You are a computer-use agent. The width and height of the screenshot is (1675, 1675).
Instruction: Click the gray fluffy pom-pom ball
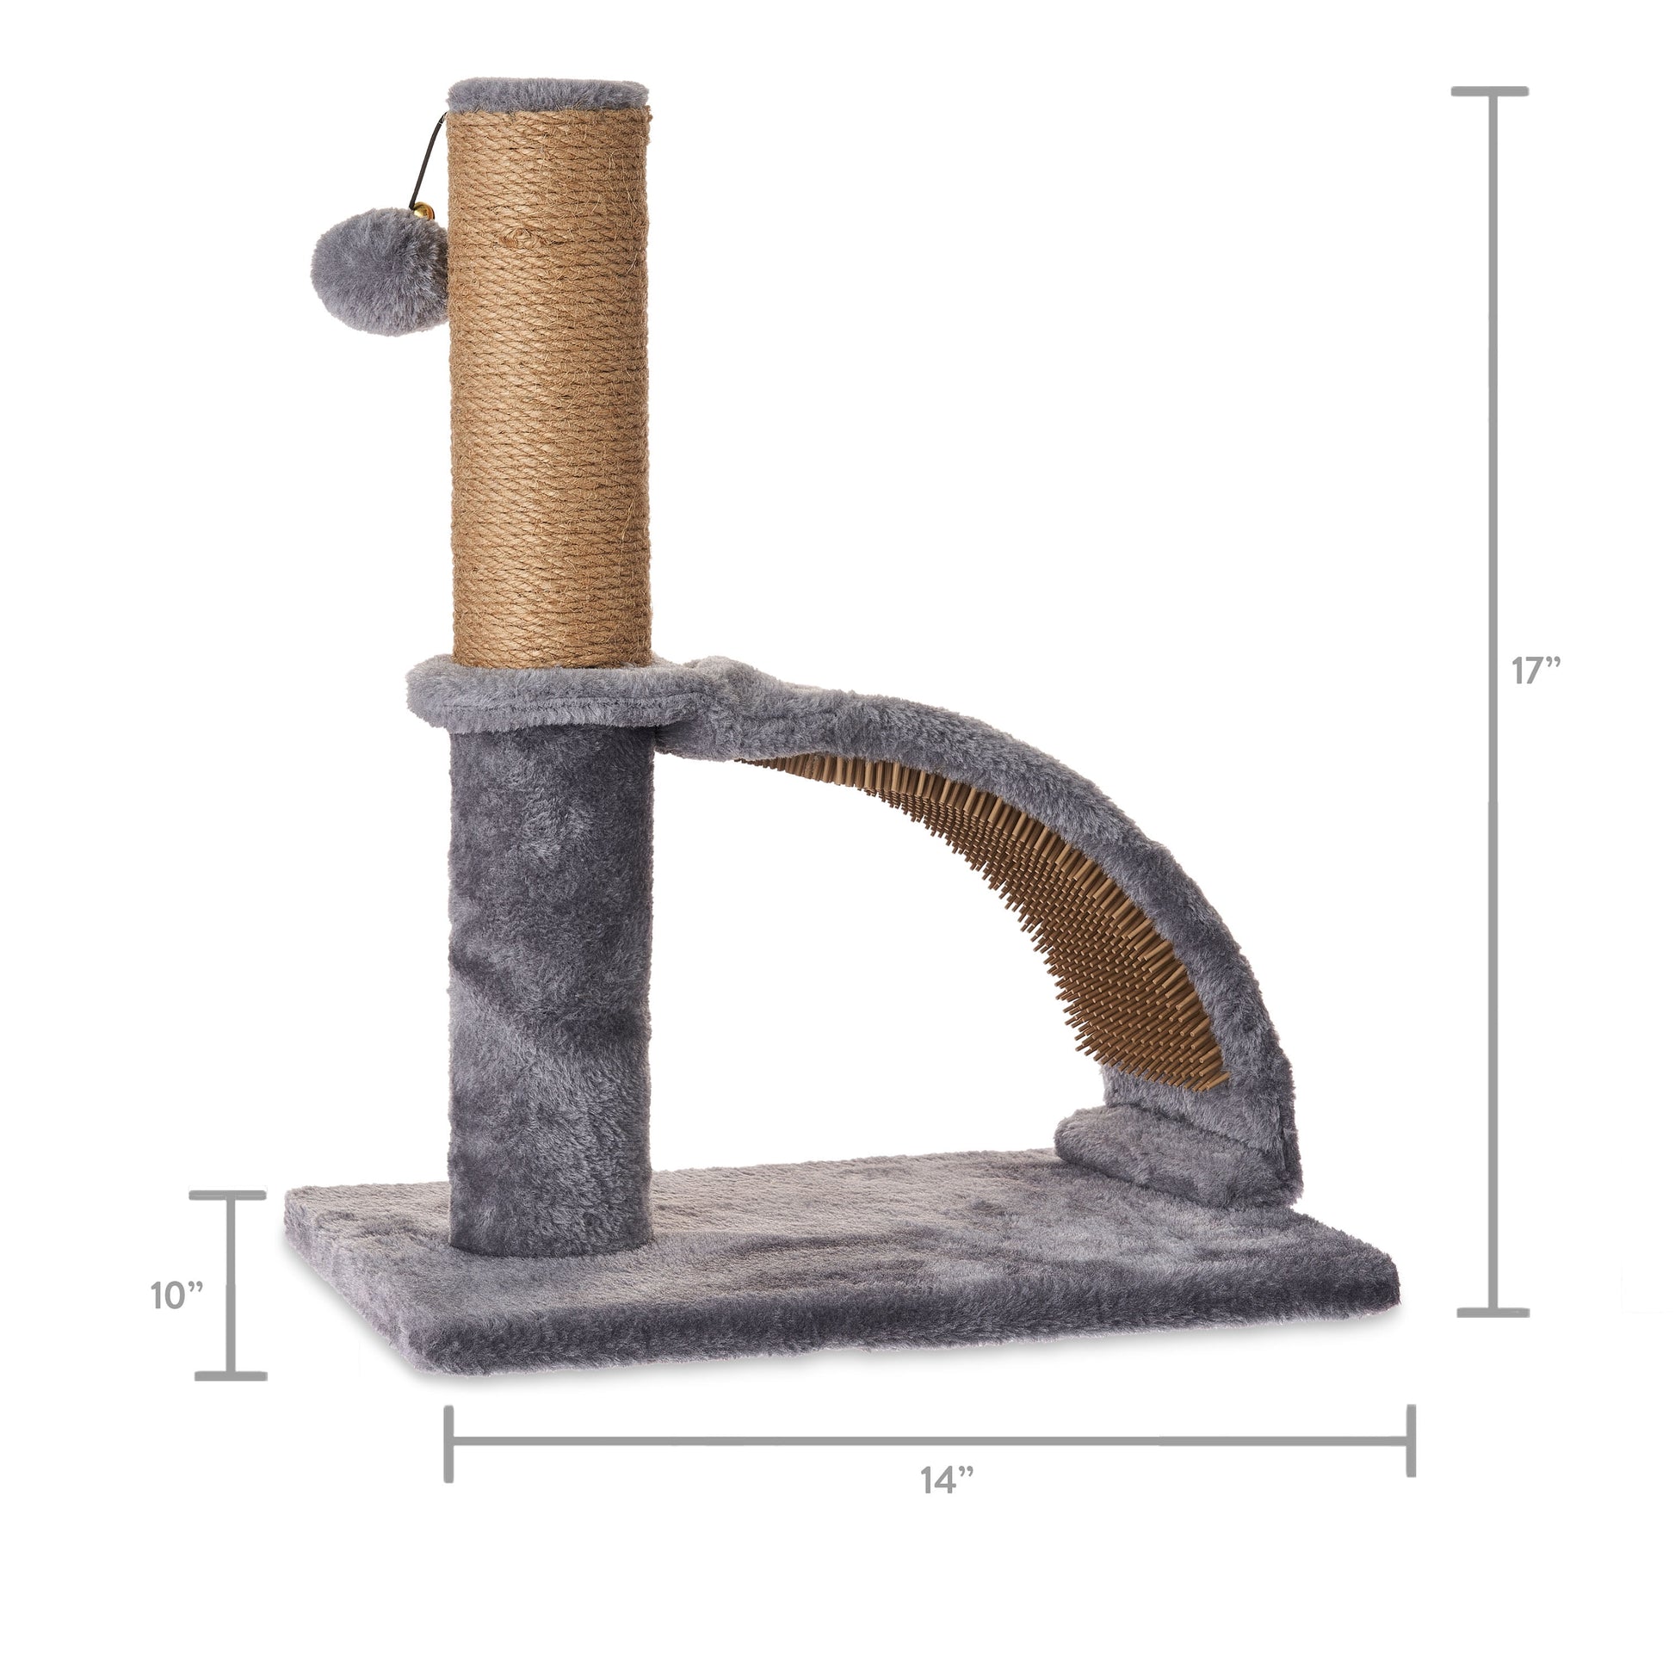coord(379,270)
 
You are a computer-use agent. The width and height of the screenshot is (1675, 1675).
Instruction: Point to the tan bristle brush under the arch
coord(1023,911)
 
